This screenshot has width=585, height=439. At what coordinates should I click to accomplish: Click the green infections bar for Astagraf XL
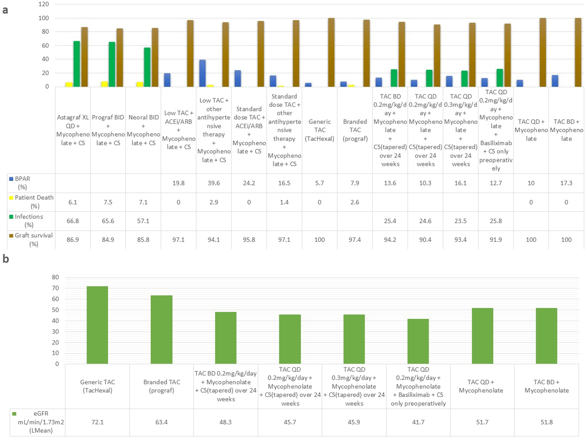(77, 64)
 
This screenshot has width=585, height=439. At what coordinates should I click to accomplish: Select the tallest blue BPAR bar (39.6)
(202, 73)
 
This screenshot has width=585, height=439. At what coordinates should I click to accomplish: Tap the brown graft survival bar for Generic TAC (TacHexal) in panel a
(331, 52)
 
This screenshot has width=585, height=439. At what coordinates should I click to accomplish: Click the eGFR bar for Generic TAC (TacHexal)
(97, 325)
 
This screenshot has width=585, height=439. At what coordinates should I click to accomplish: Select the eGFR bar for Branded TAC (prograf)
(161, 330)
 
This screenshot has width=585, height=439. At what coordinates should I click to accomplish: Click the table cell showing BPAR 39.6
(214, 183)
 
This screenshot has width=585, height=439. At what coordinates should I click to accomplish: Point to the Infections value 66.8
(73, 221)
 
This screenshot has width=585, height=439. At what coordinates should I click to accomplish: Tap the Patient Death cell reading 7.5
(108, 202)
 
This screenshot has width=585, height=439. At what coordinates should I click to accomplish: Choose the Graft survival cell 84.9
(108, 240)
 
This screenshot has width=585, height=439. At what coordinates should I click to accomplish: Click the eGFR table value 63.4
(161, 422)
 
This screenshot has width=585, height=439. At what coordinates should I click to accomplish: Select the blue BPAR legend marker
(11, 179)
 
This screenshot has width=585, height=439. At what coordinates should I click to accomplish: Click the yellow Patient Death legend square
(11, 198)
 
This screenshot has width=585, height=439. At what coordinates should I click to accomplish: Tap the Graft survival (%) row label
(34, 239)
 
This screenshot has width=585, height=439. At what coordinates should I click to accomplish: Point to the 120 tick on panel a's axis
(44, 4)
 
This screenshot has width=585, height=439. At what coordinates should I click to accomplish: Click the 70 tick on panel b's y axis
(55, 288)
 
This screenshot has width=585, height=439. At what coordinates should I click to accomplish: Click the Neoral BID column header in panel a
(143, 130)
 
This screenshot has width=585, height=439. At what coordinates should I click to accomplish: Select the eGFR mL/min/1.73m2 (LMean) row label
(41, 422)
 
